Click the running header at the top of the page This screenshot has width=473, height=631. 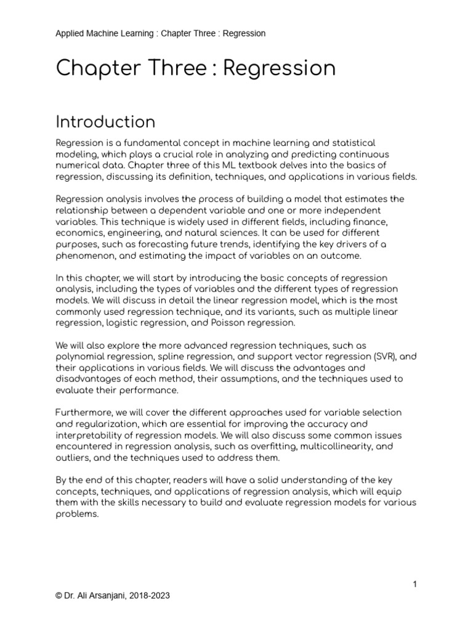(x=160, y=33)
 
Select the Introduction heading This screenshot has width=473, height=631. (x=105, y=121)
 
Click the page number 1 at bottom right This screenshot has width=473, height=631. (x=415, y=584)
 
